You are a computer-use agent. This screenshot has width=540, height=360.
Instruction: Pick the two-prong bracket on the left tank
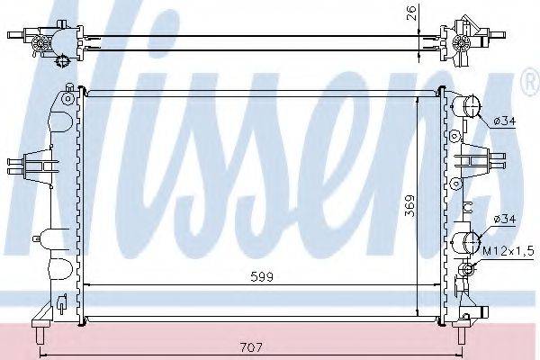coord(27,166)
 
